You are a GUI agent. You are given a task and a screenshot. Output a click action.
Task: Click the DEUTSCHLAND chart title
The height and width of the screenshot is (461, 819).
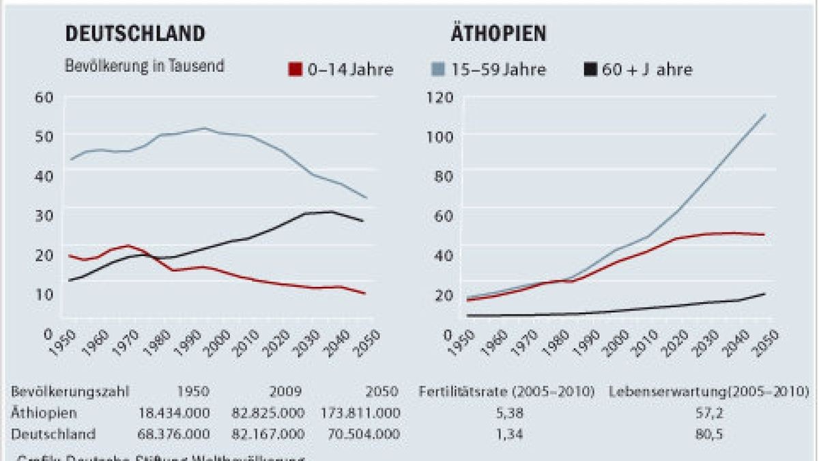pyautogui.click(x=134, y=33)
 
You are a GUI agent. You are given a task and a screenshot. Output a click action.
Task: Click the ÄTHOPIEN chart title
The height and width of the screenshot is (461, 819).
pyautogui.click(x=496, y=33)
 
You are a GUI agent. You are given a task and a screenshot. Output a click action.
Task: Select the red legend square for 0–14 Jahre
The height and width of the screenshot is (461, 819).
pyautogui.click(x=295, y=69)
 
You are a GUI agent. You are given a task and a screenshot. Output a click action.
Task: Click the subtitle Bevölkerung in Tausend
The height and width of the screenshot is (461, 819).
pyautogui.click(x=145, y=67)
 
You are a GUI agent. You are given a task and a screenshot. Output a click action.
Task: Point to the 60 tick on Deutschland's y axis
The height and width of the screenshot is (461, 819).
pyautogui.click(x=44, y=96)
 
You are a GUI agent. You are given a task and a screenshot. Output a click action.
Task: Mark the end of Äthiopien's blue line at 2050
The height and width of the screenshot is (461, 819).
pyautogui.click(x=764, y=115)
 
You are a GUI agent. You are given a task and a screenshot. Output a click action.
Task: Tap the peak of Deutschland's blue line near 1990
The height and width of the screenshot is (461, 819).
pyautogui.click(x=204, y=128)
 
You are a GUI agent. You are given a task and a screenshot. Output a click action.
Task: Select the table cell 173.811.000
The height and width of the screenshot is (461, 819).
pyautogui.click(x=360, y=413)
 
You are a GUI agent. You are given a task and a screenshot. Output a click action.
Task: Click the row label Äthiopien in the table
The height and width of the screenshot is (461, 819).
pyautogui.click(x=44, y=413)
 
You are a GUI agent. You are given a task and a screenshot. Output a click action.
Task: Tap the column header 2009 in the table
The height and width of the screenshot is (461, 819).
pyautogui.click(x=286, y=392)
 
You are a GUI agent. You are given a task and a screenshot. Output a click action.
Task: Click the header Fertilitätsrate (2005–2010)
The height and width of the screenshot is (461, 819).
pyautogui.click(x=506, y=392)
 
